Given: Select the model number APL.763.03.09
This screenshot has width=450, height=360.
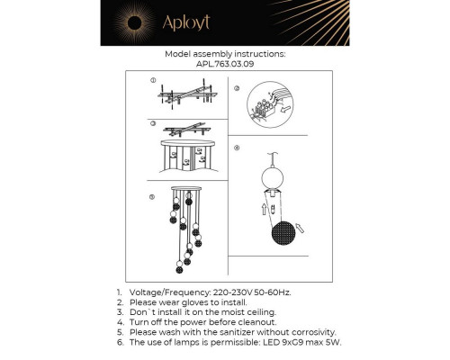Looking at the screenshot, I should point(225,64).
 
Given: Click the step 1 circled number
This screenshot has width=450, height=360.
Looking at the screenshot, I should point(153,80).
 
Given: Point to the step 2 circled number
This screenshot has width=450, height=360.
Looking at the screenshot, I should point(237,88).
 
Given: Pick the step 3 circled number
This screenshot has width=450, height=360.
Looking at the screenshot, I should point(153,122).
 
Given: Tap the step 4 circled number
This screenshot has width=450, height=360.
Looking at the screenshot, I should point(237,147).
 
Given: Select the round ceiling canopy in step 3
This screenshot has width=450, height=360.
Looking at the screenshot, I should point(190,145).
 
